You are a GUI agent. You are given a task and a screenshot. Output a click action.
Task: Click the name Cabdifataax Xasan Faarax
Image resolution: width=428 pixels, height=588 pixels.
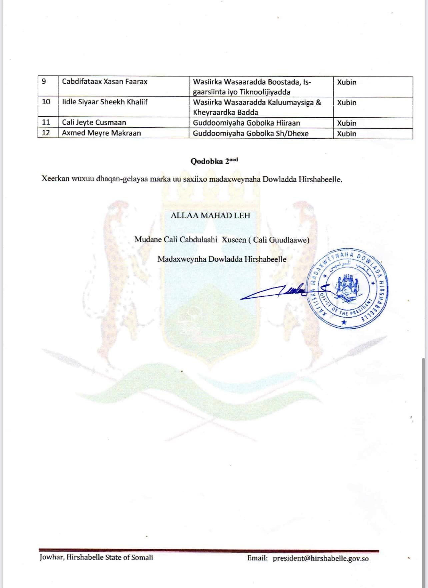(105, 82)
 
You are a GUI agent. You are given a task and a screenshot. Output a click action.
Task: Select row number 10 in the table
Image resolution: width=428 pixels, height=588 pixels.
(46, 102)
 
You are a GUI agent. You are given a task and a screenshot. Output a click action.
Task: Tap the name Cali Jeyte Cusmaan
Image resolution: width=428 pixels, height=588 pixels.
(94, 122)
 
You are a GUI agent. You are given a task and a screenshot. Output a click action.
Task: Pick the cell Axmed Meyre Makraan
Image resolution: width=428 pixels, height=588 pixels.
(101, 133)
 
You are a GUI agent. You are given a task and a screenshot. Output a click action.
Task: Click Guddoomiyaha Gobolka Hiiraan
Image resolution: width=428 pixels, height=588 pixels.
(246, 123)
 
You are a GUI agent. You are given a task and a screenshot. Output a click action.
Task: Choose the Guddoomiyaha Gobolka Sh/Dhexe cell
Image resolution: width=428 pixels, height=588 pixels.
(251, 134)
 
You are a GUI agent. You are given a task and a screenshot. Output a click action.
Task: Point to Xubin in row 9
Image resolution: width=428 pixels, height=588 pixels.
(347, 82)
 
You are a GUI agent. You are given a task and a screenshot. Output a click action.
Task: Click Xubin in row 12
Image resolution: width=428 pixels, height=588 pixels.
(347, 134)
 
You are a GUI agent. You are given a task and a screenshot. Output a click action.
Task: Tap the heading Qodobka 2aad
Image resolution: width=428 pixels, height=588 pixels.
(214, 161)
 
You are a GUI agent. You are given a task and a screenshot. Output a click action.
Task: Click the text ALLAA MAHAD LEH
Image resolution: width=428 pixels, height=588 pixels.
(210, 215)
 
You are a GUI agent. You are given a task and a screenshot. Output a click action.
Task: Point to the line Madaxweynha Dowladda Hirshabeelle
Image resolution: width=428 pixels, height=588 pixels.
(222, 259)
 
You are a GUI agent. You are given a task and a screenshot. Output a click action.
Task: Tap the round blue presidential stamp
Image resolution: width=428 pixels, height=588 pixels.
(348, 289)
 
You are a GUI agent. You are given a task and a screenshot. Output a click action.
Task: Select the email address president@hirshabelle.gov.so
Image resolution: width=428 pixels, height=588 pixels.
(321, 558)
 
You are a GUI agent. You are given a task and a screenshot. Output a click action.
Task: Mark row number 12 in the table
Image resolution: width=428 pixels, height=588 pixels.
(46, 133)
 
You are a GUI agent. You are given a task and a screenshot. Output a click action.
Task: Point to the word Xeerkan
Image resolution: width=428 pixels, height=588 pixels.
(55, 179)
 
